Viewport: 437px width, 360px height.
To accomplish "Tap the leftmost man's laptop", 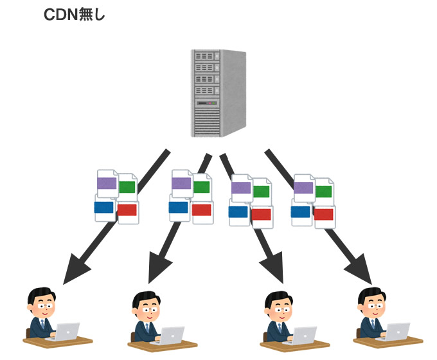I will tap(66, 331).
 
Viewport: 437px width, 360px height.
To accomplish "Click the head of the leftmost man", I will tap(40, 301).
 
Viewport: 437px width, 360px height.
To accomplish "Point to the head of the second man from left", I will tap(145, 303).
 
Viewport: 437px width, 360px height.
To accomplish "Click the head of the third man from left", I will tap(279, 303).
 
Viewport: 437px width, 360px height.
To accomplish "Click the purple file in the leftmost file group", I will tap(106, 184).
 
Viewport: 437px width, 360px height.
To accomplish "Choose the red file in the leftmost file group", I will tap(127, 210).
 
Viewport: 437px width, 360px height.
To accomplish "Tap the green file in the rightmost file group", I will tap(324, 191).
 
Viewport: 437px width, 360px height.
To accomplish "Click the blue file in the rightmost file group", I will tap(301, 212).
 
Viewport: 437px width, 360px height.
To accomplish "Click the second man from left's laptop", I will tap(172, 335).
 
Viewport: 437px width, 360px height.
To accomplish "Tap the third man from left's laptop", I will tap(305, 335).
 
